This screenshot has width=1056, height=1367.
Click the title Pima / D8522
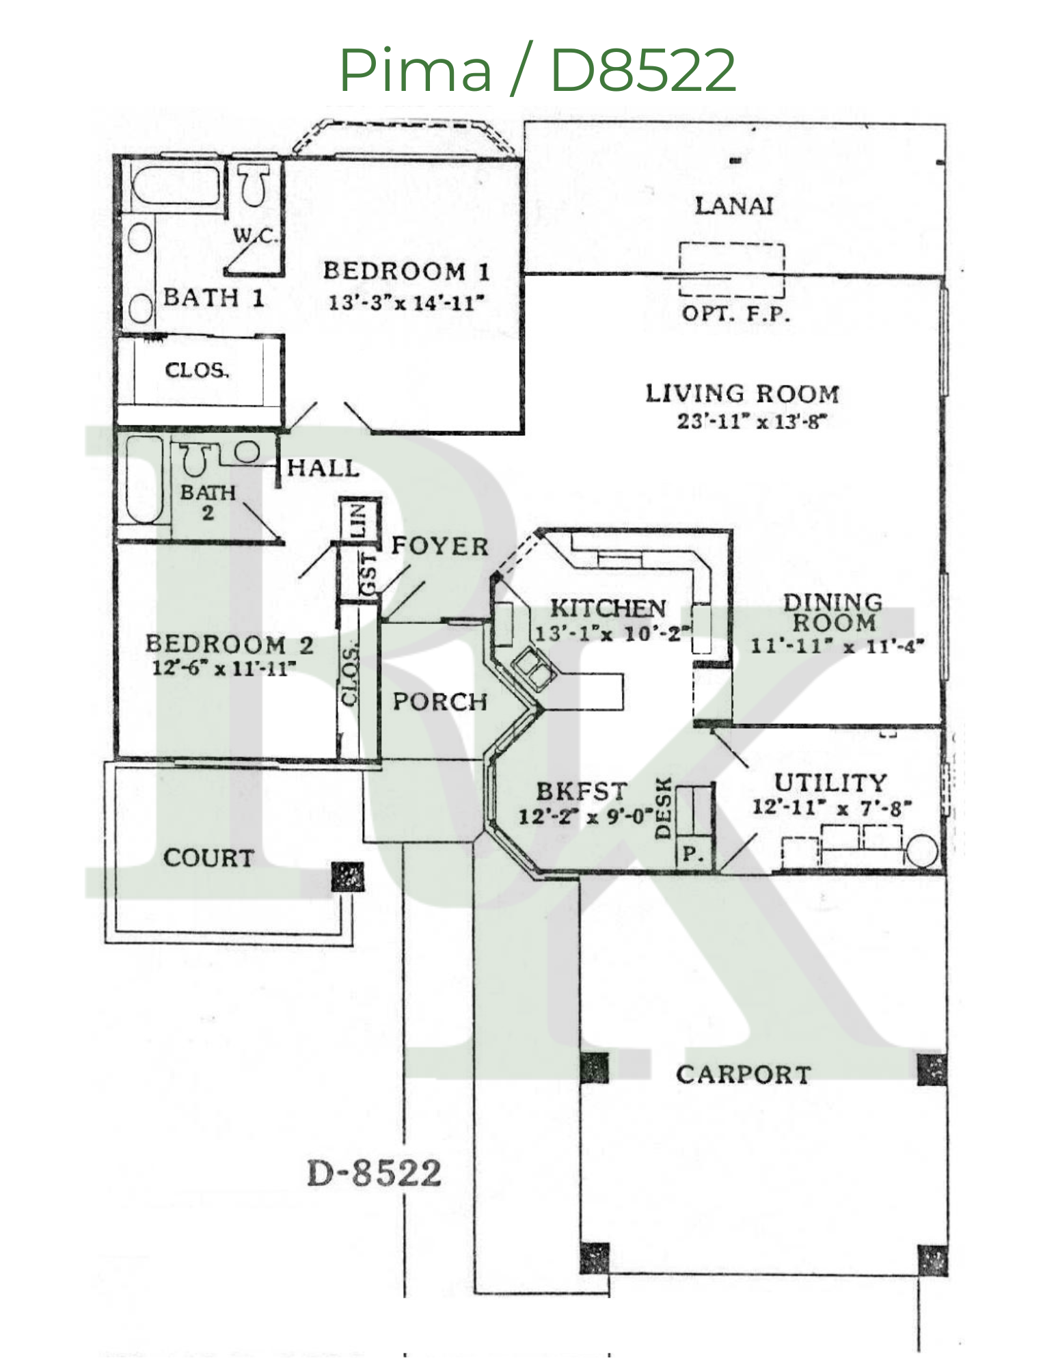[x=537, y=70]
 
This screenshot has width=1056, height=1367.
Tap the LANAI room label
[x=733, y=206]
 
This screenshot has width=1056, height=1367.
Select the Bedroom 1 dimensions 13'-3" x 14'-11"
[x=406, y=302]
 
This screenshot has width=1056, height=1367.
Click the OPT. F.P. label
[x=735, y=314]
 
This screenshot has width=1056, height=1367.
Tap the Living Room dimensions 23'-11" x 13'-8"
[x=751, y=421]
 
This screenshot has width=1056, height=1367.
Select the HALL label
[x=323, y=468]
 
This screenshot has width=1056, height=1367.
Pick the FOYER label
[x=439, y=546]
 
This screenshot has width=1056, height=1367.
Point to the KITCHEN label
[x=607, y=608]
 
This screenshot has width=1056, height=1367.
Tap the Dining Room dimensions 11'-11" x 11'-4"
[x=837, y=646]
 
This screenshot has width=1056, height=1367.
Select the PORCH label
[x=439, y=701]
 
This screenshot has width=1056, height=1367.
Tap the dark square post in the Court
[x=347, y=876]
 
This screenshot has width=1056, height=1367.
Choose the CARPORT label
[x=743, y=1074]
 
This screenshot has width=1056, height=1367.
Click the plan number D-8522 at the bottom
[x=374, y=1173]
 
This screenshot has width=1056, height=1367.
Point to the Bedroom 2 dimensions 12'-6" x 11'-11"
[x=224, y=668]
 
